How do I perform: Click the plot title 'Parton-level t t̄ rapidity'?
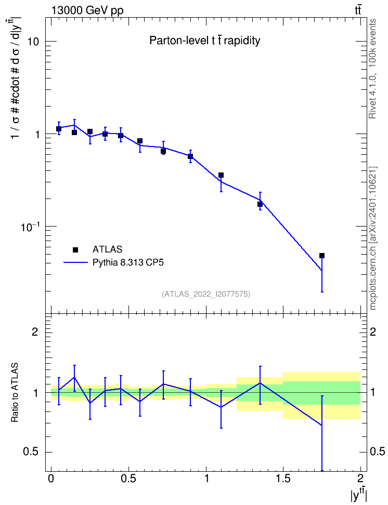pyautogui.click(x=204, y=41)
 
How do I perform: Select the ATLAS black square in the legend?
pyautogui.click(x=75, y=249)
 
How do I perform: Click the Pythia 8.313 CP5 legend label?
pyautogui.click(x=128, y=263)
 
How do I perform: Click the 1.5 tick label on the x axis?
pyautogui.click(x=283, y=478)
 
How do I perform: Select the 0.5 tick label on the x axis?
pyautogui.click(x=128, y=478)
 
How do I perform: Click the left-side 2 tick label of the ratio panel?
pyautogui.click(x=35, y=331)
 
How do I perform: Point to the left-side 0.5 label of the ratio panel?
pyautogui.click(x=31, y=452)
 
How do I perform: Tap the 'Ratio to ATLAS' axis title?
pyautogui.click(x=15, y=392)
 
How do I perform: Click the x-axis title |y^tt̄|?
pyautogui.click(x=359, y=495)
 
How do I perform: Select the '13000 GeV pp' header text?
pyautogui.click(x=87, y=11)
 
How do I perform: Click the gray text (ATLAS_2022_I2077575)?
pyautogui.click(x=206, y=294)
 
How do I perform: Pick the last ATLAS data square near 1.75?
pyautogui.click(x=322, y=256)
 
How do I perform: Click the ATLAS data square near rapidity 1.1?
pyautogui.click(x=221, y=175)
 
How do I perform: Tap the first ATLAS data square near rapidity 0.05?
pyautogui.click(x=59, y=129)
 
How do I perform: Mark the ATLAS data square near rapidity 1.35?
pyautogui.click(x=260, y=204)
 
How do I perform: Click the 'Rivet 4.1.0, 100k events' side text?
pyautogui.click(x=372, y=69)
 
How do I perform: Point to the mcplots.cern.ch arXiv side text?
pyautogui.click(x=373, y=238)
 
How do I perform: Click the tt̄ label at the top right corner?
pyautogui.click(x=358, y=10)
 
